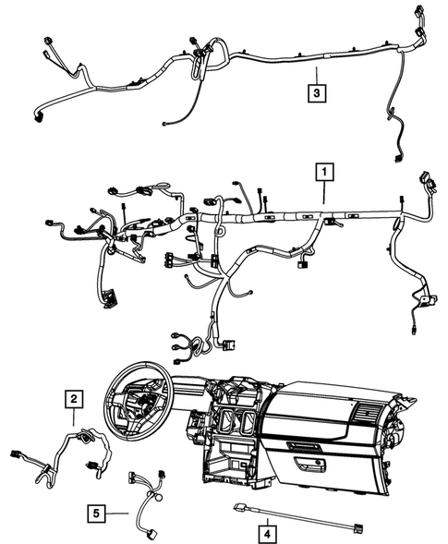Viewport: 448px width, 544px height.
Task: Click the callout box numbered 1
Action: [324, 171]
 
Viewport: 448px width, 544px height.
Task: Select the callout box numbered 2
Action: [72, 399]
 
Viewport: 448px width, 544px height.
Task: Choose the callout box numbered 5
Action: [97, 512]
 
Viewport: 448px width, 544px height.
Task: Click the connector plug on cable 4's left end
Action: [239, 507]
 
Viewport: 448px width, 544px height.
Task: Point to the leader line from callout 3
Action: [316, 74]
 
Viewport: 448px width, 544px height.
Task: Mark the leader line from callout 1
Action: [324, 193]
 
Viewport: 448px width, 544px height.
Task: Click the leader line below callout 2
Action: [72, 417]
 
